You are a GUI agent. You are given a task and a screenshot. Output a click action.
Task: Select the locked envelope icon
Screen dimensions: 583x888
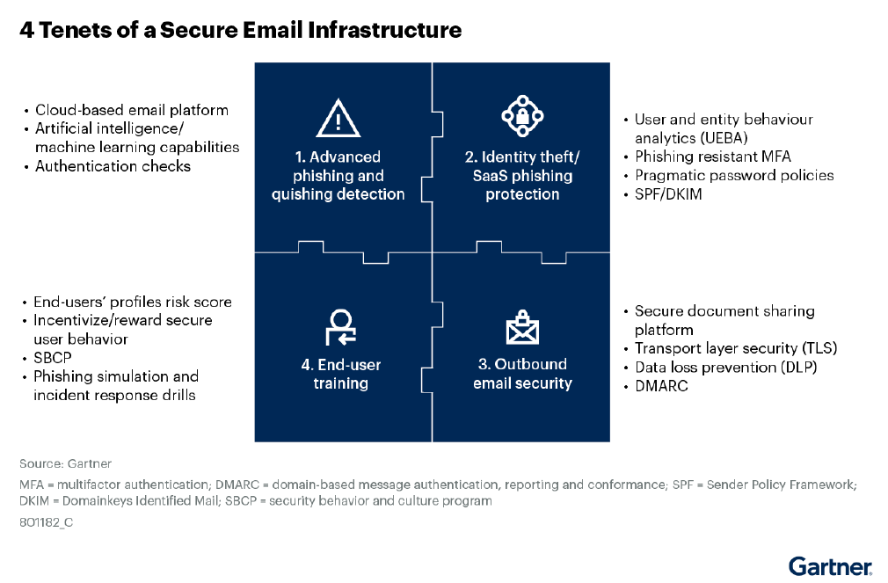tap(522, 329)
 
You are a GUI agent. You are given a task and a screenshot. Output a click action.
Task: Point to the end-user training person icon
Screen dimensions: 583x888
tap(340, 327)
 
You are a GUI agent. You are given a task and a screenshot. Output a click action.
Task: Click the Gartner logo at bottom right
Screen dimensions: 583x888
tap(830, 565)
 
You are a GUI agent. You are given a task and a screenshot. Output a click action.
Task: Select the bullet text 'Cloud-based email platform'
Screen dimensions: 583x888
tap(132, 110)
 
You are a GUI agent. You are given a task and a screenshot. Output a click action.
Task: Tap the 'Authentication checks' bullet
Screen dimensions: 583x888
tap(113, 166)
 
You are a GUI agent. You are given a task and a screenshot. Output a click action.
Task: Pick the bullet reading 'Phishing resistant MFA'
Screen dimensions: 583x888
tap(713, 157)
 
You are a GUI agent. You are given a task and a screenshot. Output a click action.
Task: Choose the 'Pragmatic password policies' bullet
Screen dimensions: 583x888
tap(734, 175)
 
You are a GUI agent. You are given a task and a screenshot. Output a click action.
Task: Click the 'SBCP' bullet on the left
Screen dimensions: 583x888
tap(53, 358)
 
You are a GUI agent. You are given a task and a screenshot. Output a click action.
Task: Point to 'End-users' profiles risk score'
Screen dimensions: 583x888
tap(133, 302)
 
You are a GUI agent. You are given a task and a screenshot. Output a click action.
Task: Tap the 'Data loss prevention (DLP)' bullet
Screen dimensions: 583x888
tap(726, 367)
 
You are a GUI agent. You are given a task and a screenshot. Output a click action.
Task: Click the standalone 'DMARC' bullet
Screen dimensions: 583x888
tap(664, 386)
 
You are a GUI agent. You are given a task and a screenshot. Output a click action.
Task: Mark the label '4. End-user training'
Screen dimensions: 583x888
tap(340, 374)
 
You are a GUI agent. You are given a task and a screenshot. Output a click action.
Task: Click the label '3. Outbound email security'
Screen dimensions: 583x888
tap(522, 374)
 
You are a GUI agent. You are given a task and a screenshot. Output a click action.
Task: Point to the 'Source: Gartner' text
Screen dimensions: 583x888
tap(66, 463)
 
